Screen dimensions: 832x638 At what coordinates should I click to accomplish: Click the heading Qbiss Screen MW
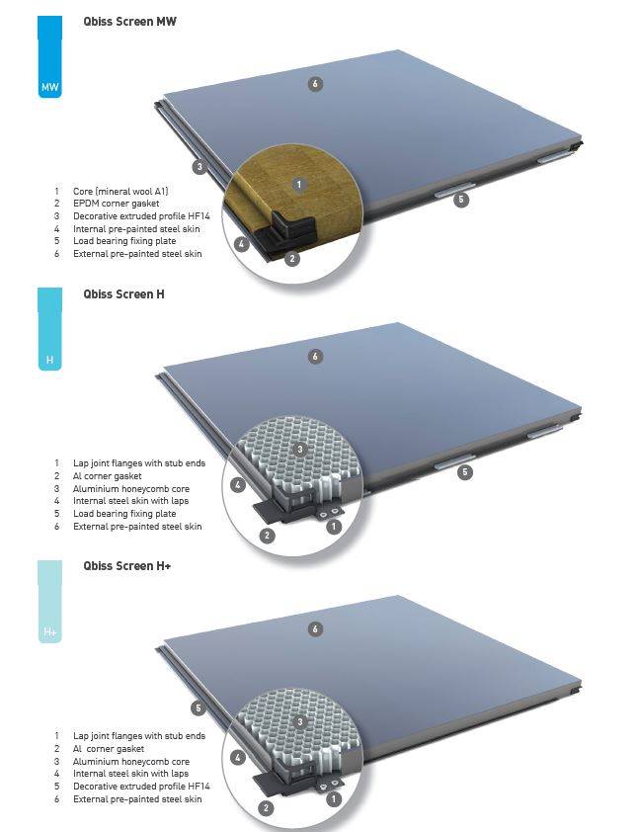point(130,22)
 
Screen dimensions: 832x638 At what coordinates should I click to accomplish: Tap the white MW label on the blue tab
point(50,89)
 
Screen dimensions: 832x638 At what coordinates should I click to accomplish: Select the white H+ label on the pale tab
point(50,631)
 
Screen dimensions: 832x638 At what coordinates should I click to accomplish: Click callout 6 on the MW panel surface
point(315,84)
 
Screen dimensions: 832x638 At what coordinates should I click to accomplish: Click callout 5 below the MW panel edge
point(461,200)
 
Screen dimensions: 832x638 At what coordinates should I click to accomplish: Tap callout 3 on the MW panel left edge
point(199,167)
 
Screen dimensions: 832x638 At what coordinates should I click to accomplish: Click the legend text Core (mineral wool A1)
point(126,191)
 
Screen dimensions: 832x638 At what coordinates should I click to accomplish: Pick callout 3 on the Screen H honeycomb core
point(300,450)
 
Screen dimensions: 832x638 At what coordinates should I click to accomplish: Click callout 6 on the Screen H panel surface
point(315,357)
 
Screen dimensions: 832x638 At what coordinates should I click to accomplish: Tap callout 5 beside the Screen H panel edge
point(465,472)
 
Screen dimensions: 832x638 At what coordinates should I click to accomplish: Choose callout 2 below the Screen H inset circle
point(267,536)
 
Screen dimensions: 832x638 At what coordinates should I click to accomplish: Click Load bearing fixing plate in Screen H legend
point(124,514)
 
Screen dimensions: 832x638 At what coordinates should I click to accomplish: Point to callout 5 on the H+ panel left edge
point(199,707)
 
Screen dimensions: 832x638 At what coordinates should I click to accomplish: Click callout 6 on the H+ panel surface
point(315,628)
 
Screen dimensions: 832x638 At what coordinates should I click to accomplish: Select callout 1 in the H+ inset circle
point(333,797)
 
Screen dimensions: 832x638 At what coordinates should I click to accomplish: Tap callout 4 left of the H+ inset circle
point(237,758)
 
